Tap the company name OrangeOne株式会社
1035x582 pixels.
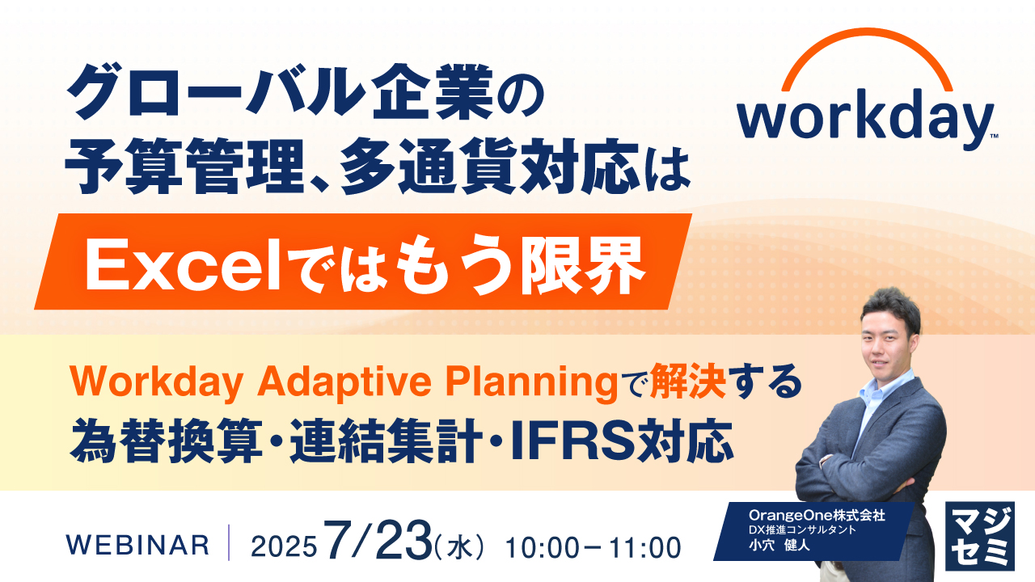[x=817, y=515]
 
